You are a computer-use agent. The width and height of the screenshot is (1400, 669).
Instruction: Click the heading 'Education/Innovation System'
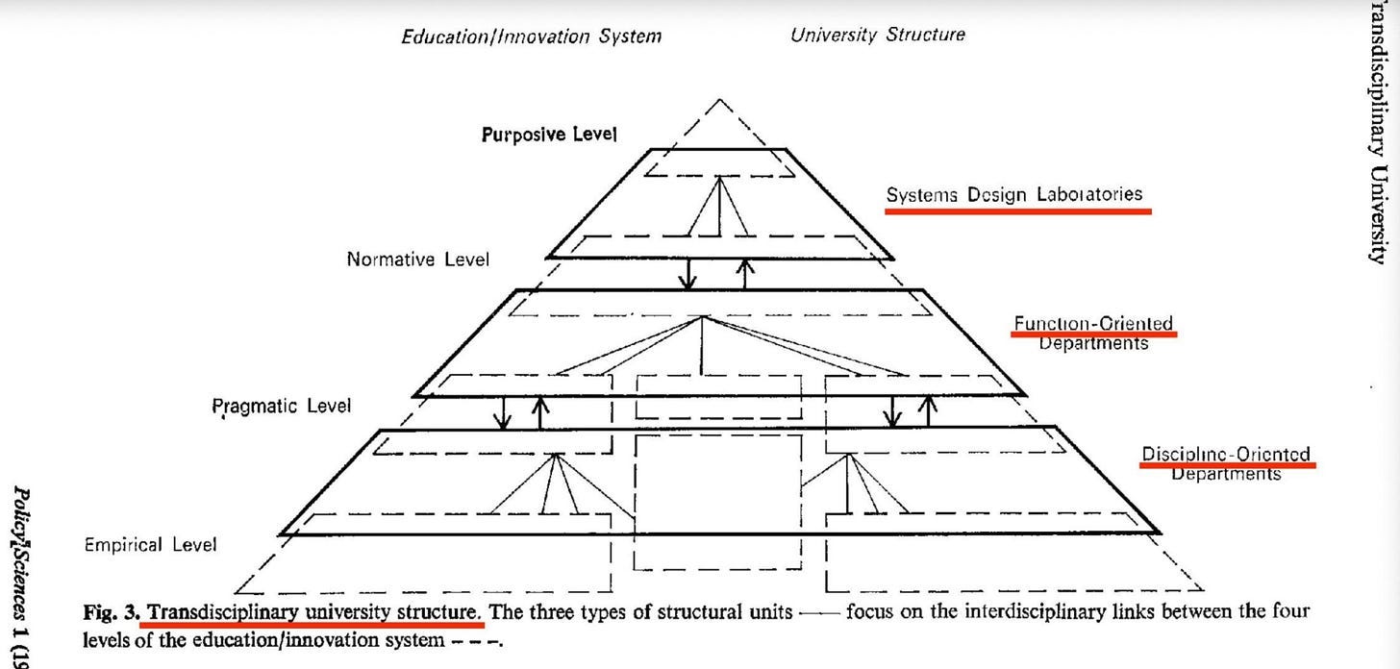531,37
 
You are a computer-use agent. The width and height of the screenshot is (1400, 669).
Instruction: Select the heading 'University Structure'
877,36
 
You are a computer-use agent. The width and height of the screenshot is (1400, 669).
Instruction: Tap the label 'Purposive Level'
548,135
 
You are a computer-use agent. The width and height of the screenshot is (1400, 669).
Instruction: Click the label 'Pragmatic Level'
281,406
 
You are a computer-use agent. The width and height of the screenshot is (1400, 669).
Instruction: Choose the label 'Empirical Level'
150,545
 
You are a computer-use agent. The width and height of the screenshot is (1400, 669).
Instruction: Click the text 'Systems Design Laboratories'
1014,194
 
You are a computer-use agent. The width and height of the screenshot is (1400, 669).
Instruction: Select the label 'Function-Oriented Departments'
1093,333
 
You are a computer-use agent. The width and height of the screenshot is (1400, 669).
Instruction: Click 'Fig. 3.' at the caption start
112,612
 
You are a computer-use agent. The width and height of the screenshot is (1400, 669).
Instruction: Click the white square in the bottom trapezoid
717,481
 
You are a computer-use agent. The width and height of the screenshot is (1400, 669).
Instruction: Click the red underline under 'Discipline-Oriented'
1227,465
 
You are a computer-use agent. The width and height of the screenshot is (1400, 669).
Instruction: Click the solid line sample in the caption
818,613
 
